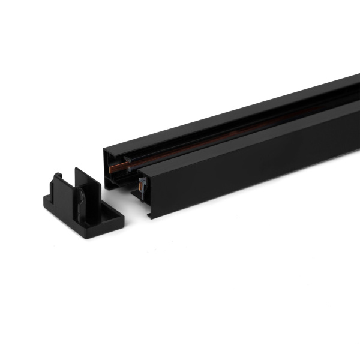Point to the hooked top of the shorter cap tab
tap(58, 176)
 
